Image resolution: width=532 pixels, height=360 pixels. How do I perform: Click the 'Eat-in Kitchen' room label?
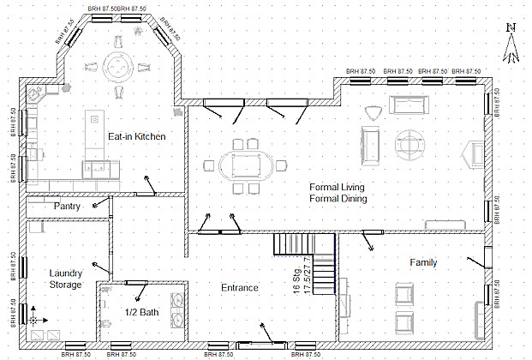click(136, 136)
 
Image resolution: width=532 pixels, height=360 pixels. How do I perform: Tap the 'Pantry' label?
click(68, 207)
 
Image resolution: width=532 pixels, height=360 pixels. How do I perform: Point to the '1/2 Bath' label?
click(140, 312)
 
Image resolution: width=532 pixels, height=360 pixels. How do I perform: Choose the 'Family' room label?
click(423, 262)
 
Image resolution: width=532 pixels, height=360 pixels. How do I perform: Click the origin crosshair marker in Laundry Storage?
click(33, 318)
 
